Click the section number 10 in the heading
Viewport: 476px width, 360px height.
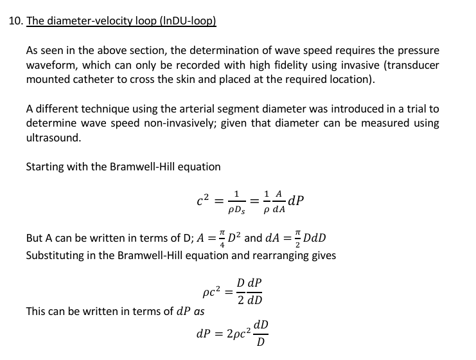click(x=15, y=21)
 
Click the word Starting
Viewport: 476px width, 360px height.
click(x=47, y=166)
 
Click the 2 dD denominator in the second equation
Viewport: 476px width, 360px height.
click(x=249, y=300)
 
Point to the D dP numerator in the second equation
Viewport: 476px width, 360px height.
click(x=249, y=283)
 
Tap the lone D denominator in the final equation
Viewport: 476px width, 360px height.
click(x=261, y=341)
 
